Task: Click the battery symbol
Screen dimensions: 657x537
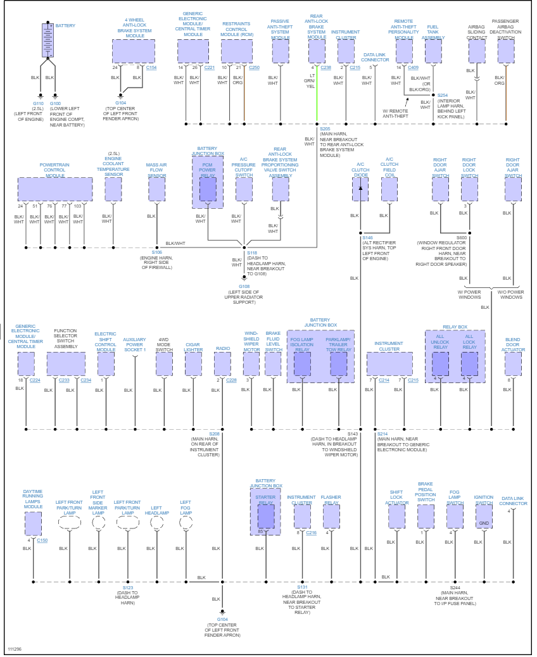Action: (48, 40)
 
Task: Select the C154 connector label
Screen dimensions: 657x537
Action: (151, 67)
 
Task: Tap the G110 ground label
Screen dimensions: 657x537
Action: (39, 103)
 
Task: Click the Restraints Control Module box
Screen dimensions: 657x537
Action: (236, 51)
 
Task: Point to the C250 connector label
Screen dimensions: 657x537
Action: (254, 67)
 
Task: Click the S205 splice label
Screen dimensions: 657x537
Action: (324, 128)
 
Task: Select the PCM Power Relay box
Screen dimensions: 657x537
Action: (208, 189)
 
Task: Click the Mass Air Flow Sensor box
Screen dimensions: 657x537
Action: (156, 189)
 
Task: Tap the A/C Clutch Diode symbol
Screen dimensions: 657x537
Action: (360, 189)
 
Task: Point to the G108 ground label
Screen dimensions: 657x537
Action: (244, 286)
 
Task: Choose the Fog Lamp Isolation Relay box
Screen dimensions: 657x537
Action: (303, 364)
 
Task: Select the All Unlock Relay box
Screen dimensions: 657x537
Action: (440, 364)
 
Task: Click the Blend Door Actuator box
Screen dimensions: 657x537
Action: (513, 364)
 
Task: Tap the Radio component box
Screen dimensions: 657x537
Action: (222, 364)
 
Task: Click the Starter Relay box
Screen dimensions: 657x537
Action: (265, 516)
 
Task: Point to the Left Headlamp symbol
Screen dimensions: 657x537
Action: (156, 522)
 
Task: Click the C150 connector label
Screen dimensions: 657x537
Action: (42, 541)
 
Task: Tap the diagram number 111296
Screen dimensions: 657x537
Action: (15, 649)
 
